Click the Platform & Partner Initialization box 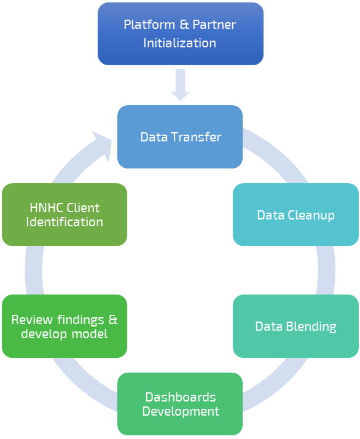pos(181,34)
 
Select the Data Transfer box pos(180,136)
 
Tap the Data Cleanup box pos(295,215)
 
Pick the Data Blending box pos(295,326)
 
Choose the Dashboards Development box pos(180,404)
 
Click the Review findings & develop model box pos(65,326)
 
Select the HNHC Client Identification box pos(65,215)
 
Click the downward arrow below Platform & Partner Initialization pos(181,85)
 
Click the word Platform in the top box pos(149,25)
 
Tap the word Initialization pos(179,43)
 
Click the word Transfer pos(197,137)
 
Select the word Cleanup pos(311,215)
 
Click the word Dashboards pos(181,397)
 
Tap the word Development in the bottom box pos(181,411)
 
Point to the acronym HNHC pos(46,208)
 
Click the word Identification pos(65,222)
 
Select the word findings pos(81,320)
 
